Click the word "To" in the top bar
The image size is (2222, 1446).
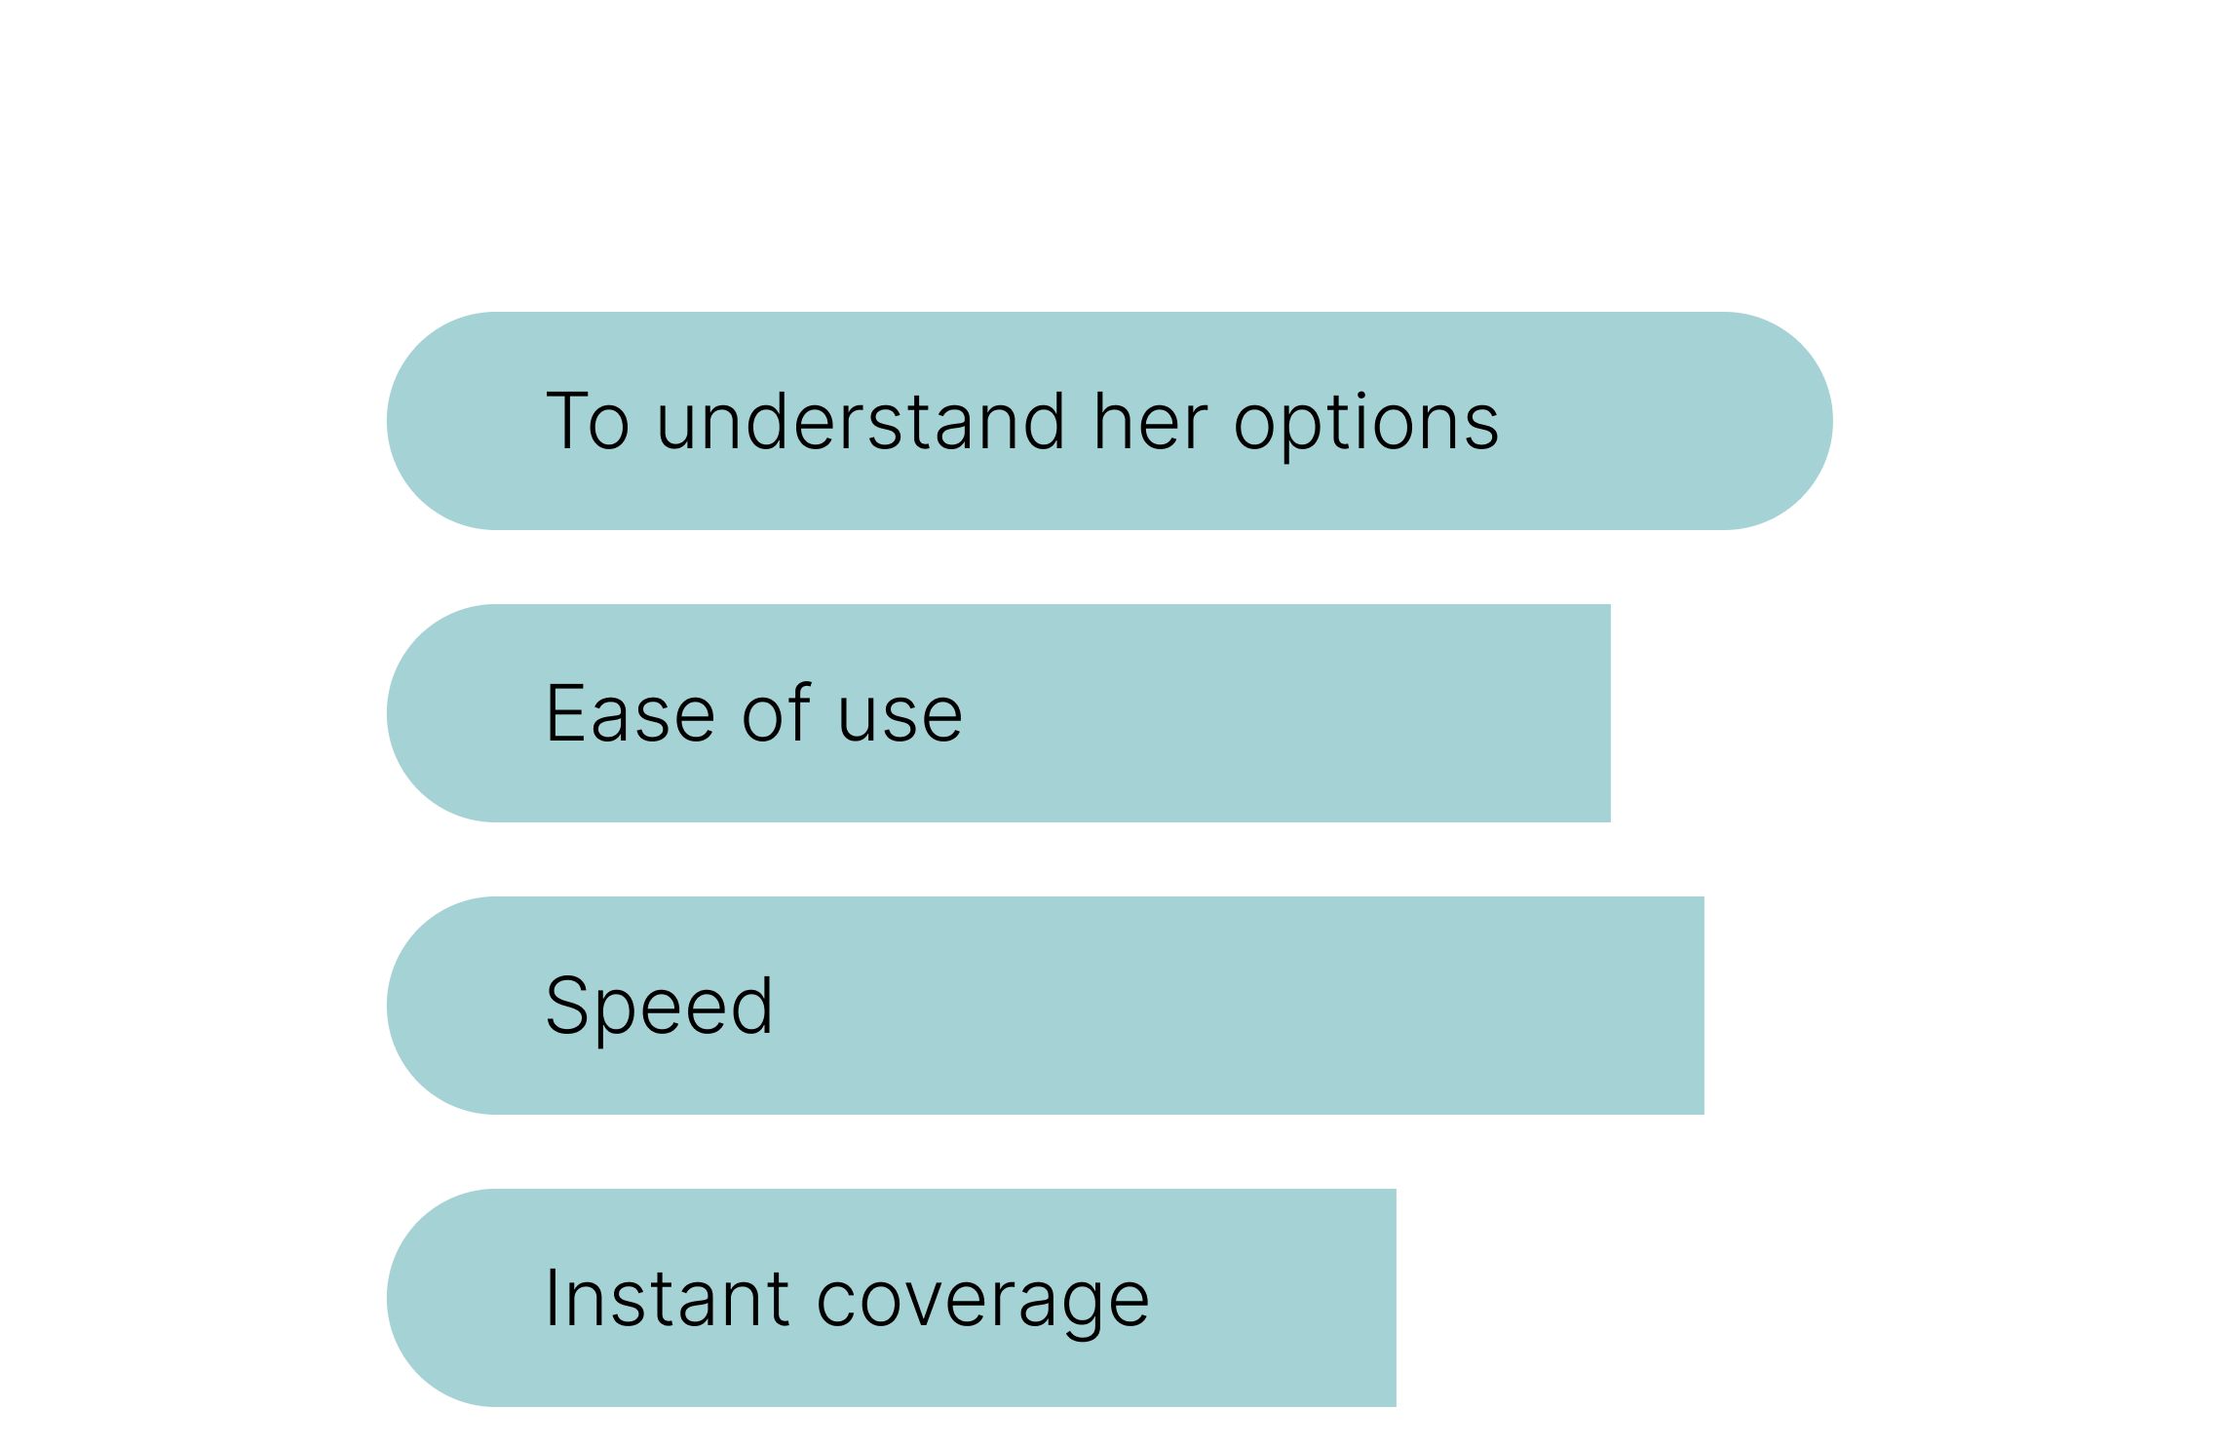click(x=588, y=421)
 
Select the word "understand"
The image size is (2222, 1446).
click(x=861, y=421)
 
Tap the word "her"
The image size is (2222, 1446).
click(x=1151, y=421)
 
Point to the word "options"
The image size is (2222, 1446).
click(x=1366, y=425)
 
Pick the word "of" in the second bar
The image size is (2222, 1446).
click(x=777, y=712)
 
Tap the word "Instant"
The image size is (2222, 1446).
click(x=668, y=1298)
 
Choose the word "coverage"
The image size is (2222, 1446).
click(x=983, y=1306)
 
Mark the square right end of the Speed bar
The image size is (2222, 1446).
click(x=1703, y=1006)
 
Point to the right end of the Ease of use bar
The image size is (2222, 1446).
click(x=1609, y=713)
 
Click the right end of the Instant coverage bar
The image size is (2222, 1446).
click(x=1395, y=1298)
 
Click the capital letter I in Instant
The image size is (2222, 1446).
click(x=552, y=1298)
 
